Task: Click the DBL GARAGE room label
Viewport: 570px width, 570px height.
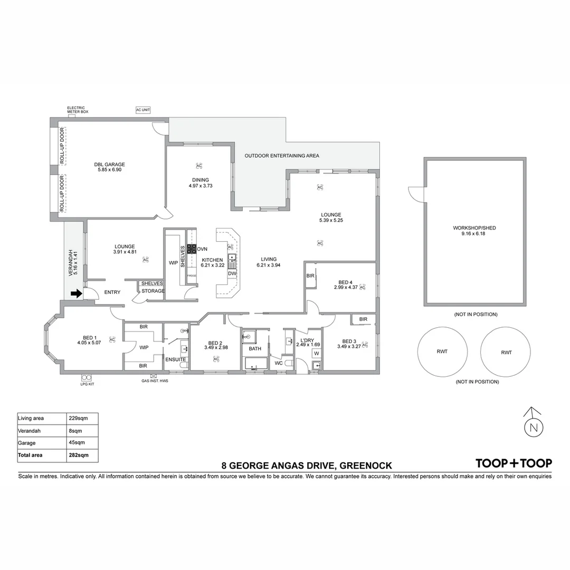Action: tap(110, 164)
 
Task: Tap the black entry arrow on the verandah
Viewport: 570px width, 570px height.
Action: tap(77, 293)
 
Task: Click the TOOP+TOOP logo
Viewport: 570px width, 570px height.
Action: tap(514, 463)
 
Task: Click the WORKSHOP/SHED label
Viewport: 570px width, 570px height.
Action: tap(474, 228)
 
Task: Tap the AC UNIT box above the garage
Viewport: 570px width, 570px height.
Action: tap(143, 110)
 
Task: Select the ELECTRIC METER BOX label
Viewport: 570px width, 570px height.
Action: tap(78, 110)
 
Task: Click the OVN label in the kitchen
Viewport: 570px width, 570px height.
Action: tap(202, 249)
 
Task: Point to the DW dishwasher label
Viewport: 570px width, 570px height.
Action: tap(232, 273)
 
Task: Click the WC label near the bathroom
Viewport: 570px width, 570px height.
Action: tap(279, 363)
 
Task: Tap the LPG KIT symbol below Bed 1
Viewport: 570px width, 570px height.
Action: tap(87, 378)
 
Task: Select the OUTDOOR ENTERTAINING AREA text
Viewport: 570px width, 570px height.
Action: tap(282, 156)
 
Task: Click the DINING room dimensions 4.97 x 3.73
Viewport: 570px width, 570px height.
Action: tap(201, 186)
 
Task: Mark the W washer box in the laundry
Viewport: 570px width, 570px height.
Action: tap(317, 353)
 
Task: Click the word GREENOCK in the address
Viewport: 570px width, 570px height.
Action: tap(365, 465)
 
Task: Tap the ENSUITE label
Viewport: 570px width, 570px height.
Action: tap(175, 359)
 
